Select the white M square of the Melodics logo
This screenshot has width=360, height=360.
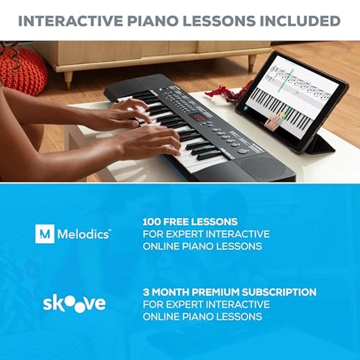click(x=44, y=233)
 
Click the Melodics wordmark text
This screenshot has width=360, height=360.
click(x=83, y=234)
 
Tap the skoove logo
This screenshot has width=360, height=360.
click(x=74, y=303)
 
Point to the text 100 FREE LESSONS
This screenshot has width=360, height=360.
click(x=190, y=222)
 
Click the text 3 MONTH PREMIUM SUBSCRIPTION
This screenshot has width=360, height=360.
click(x=229, y=292)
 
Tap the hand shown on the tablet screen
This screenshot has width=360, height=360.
click(x=274, y=122)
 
